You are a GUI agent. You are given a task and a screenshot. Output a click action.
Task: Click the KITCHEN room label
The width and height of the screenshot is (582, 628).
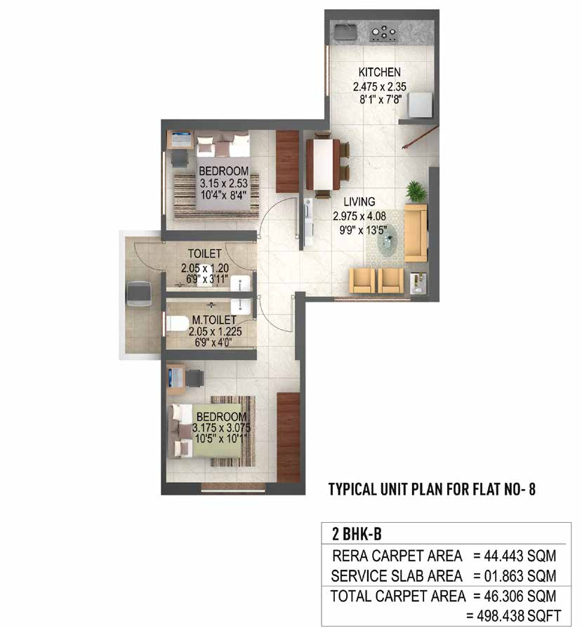click(x=379, y=72)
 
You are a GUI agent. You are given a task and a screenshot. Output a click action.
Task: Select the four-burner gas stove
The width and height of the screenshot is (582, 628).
click(x=384, y=31)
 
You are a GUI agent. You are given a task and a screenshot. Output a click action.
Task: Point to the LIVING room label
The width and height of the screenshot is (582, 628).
click(x=359, y=202)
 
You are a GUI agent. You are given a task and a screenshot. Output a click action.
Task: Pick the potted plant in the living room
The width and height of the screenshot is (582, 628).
click(x=413, y=192)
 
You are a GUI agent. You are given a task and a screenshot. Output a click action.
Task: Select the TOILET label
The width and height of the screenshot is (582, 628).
click(x=204, y=253)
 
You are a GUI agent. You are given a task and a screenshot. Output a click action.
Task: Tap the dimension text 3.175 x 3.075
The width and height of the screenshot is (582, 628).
click(x=222, y=428)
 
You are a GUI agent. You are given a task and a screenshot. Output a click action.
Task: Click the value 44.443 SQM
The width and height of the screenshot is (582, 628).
click(x=515, y=556)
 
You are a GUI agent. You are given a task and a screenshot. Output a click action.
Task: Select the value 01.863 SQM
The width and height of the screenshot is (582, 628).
click(x=515, y=576)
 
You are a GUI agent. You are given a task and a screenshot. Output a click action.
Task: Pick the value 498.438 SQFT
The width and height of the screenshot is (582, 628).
click(x=517, y=615)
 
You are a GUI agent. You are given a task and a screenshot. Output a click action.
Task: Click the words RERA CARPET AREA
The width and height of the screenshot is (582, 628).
click(x=398, y=556)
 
